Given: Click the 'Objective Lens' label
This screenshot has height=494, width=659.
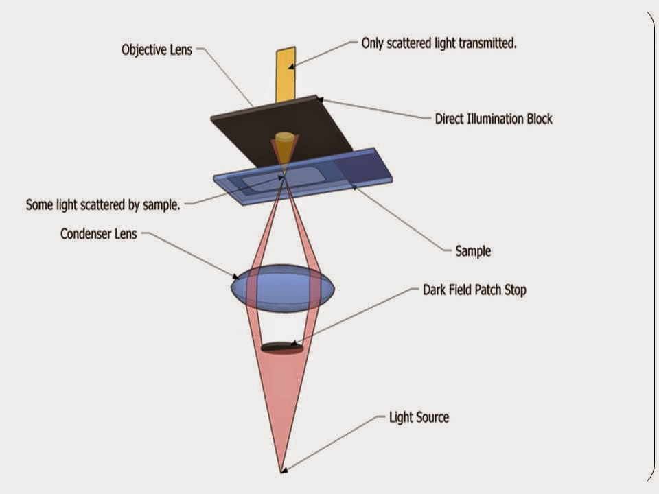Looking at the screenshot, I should tap(157, 50).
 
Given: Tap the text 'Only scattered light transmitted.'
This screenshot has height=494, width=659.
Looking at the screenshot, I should tap(439, 43).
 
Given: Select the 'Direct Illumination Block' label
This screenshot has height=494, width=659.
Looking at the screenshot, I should tap(494, 119).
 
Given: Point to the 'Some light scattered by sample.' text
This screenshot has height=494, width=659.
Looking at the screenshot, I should tap(103, 204).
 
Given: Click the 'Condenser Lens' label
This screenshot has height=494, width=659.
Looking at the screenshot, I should tap(99, 234).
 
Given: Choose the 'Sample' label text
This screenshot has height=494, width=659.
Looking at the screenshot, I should tap(473, 251).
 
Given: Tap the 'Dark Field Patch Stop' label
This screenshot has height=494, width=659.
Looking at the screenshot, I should tap(474, 290).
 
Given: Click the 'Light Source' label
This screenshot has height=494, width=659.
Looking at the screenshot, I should tap(419, 417).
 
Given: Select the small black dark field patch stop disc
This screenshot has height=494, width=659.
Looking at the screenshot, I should tap(281, 347).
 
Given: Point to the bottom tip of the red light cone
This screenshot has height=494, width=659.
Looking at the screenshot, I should tap(281, 471).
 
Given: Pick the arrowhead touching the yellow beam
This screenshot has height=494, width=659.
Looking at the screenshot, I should tap(291, 66).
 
